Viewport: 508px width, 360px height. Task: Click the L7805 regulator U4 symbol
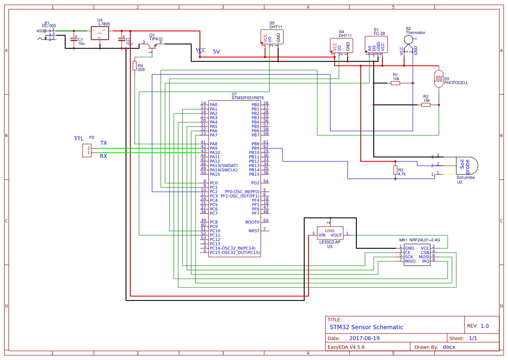pyautogui.click(x=100, y=34)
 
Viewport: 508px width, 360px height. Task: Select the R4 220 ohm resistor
pyautogui.click(x=135, y=66)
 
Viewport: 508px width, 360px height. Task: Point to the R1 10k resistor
pyautogui.click(x=395, y=83)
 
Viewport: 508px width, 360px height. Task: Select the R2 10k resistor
pyautogui.click(x=426, y=105)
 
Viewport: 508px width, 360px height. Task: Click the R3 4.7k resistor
pyautogui.click(x=395, y=170)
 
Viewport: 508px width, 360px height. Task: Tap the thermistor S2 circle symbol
pyautogui.click(x=408, y=40)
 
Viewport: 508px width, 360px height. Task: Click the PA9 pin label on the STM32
pyautogui.click(x=214, y=148)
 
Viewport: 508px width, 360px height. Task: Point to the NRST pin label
pyautogui.click(x=254, y=230)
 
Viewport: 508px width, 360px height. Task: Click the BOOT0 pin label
pyautogui.click(x=252, y=222)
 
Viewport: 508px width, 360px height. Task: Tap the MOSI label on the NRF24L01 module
pyautogui.click(x=424, y=257)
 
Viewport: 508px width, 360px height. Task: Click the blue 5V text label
pyautogui.click(x=216, y=51)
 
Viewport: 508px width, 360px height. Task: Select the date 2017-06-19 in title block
pyautogui.click(x=365, y=338)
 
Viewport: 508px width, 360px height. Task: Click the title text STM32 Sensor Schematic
pyautogui.click(x=366, y=327)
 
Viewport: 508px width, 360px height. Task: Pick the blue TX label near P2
pyautogui.click(x=103, y=143)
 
